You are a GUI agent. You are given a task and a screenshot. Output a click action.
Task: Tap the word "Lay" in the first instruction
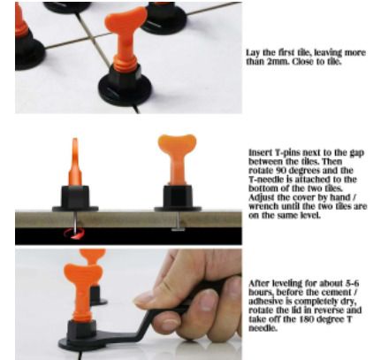[253, 53]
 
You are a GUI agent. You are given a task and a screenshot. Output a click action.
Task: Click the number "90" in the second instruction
[281, 171]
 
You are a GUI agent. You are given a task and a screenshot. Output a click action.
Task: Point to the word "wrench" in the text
[263, 206]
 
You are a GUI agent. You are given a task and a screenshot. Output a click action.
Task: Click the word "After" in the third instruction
[259, 283]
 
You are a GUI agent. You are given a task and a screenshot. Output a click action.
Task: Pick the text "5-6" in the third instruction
[352, 283]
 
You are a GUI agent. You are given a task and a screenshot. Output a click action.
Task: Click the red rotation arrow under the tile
[74, 234]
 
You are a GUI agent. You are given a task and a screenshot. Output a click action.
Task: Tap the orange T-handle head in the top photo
[126, 19]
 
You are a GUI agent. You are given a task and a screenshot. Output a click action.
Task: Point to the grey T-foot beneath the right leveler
[178, 229]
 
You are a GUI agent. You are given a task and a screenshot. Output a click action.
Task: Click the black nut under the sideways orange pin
[75, 197]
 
